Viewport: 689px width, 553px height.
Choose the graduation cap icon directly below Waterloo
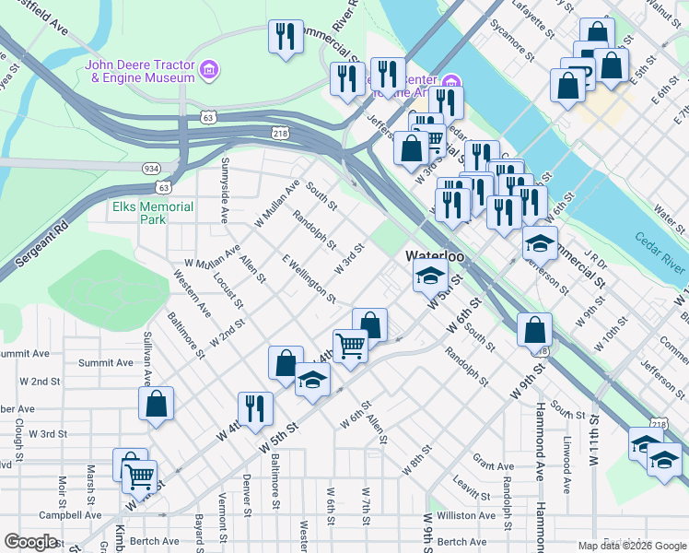[x=430, y=276]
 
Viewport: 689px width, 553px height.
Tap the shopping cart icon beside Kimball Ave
[x=140, y=477]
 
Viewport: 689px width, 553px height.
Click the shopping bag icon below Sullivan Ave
[x=156, y=404]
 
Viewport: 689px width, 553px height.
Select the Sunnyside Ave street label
[x=224, y=191]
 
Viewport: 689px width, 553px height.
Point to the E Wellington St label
[x=309, y=277]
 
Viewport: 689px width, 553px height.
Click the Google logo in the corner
[x=30, y=542]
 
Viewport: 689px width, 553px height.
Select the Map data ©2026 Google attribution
[x=632, y=546]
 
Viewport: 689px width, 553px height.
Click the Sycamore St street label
[x=513, y=38]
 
